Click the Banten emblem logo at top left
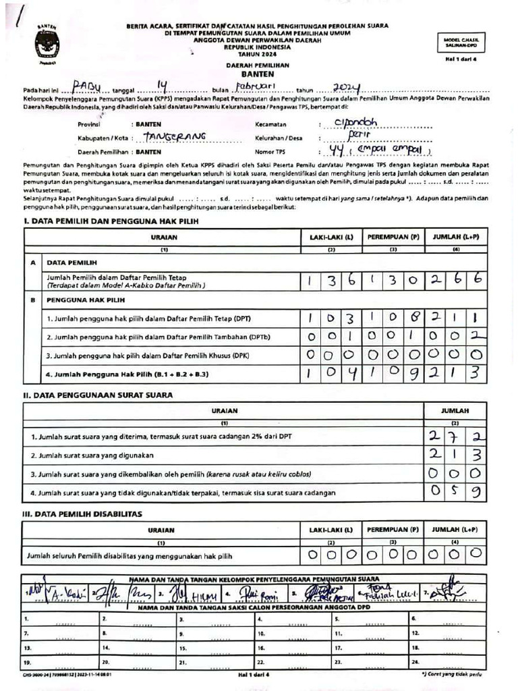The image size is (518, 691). pos(46,43)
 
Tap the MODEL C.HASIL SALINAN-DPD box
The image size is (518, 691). pos(461,42)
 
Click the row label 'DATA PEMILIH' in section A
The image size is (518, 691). pos(71,262)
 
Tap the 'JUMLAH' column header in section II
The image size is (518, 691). pos(455,410)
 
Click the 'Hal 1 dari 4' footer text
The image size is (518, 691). pos(258,674)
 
